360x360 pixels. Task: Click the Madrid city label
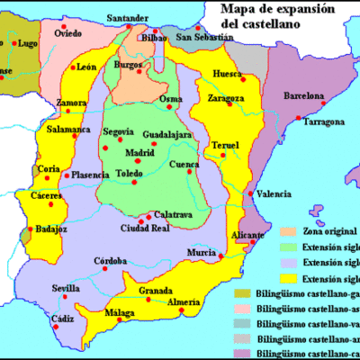tap(139, 152)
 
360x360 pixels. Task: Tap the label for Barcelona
tap(303, 94)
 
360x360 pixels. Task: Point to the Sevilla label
tap(67, 288)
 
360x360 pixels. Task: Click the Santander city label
tap(128, 18)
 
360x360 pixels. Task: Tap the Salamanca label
tap(69, 129)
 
